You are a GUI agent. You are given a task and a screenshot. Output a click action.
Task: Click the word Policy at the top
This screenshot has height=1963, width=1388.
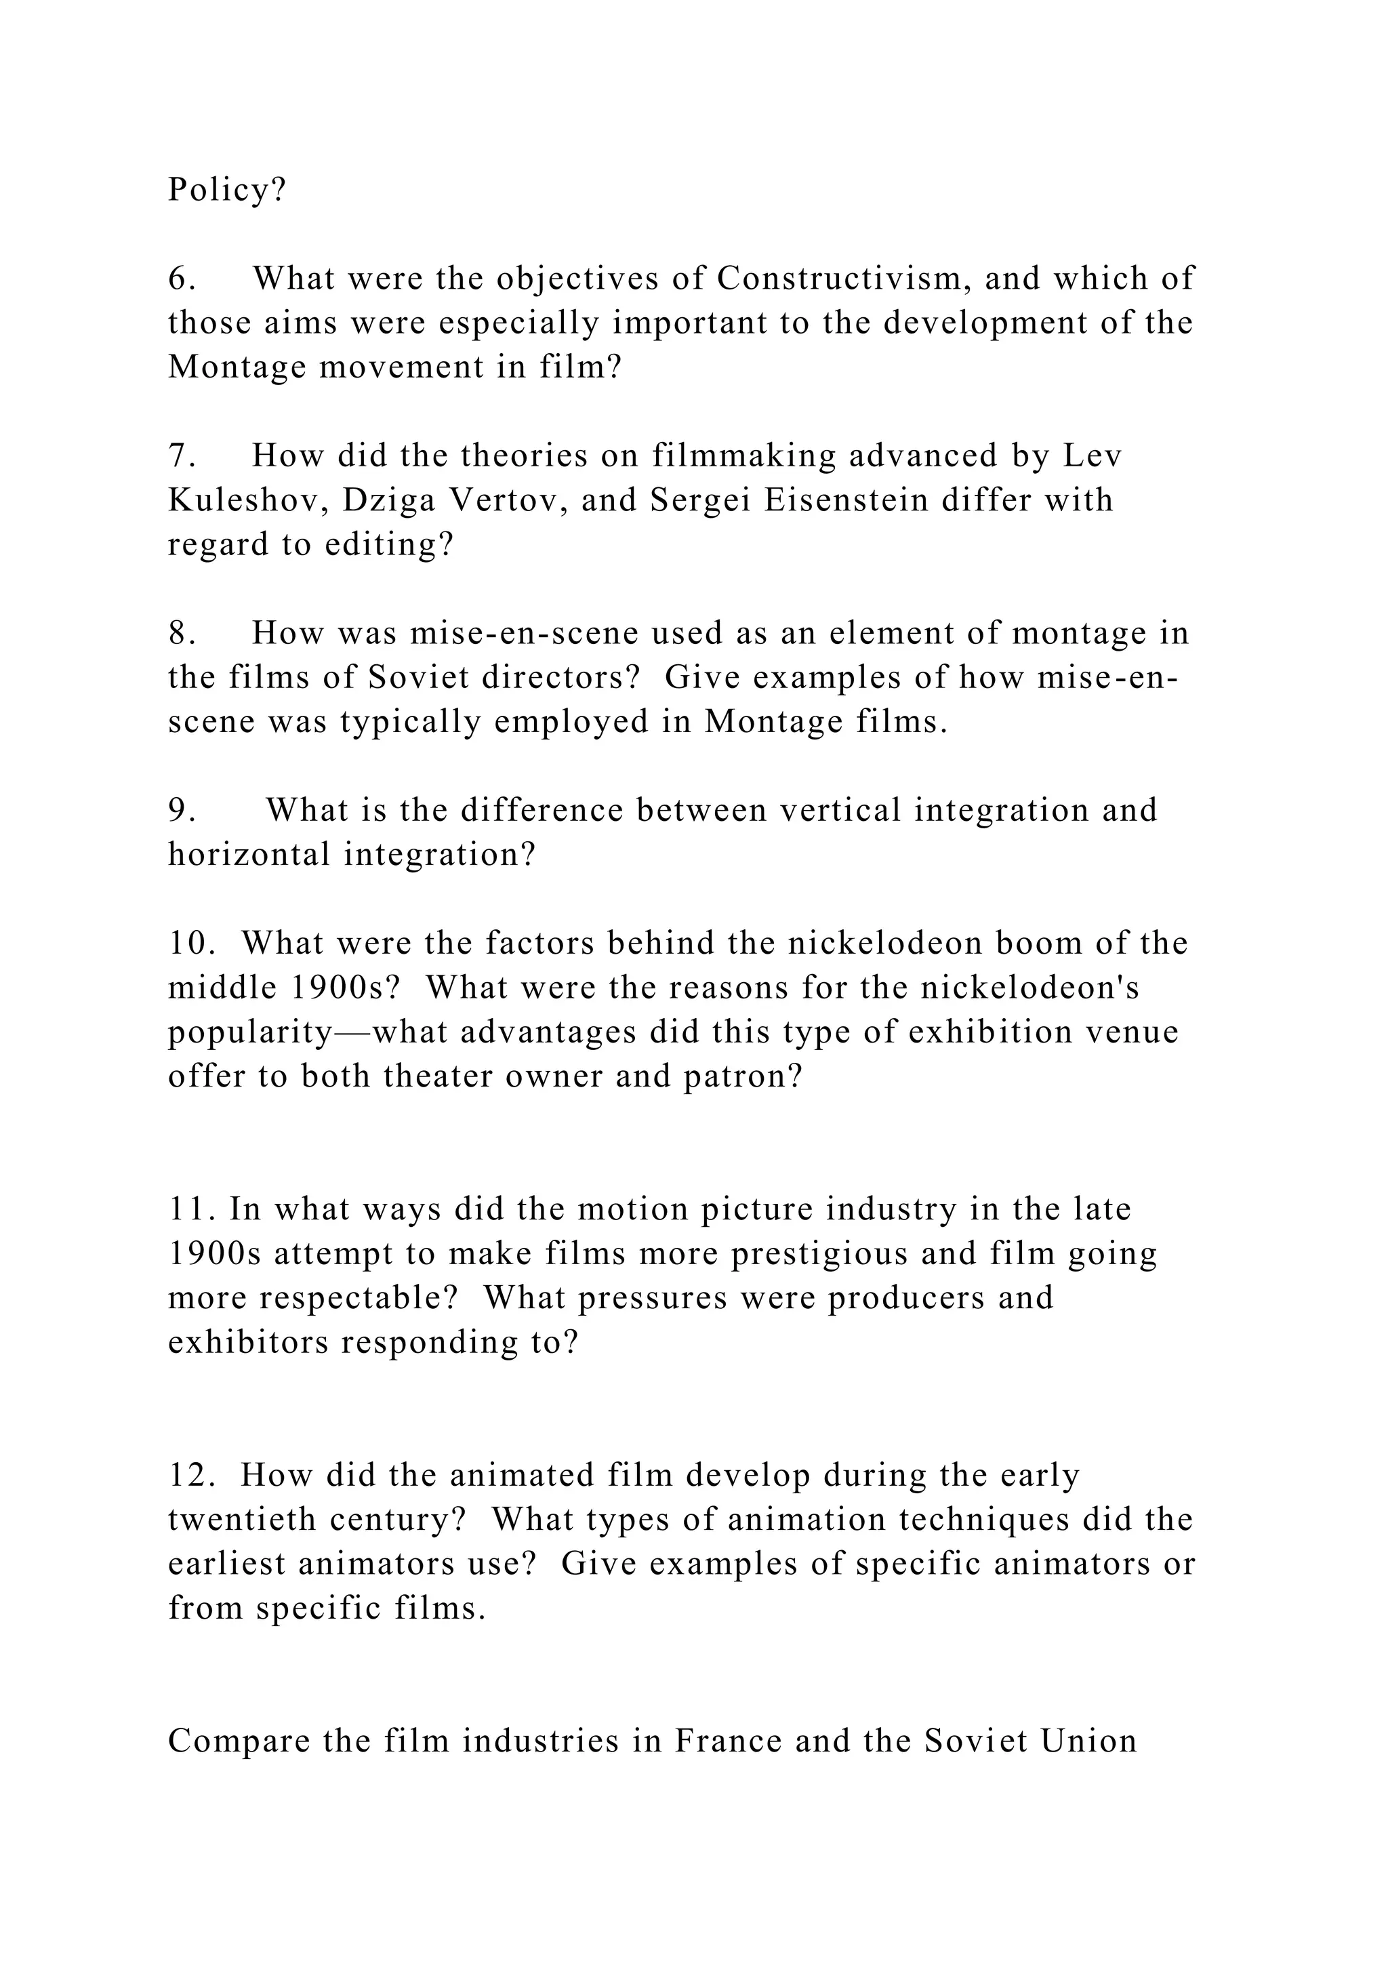219,190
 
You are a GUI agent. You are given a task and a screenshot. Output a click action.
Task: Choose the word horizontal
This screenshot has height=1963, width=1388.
249,855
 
